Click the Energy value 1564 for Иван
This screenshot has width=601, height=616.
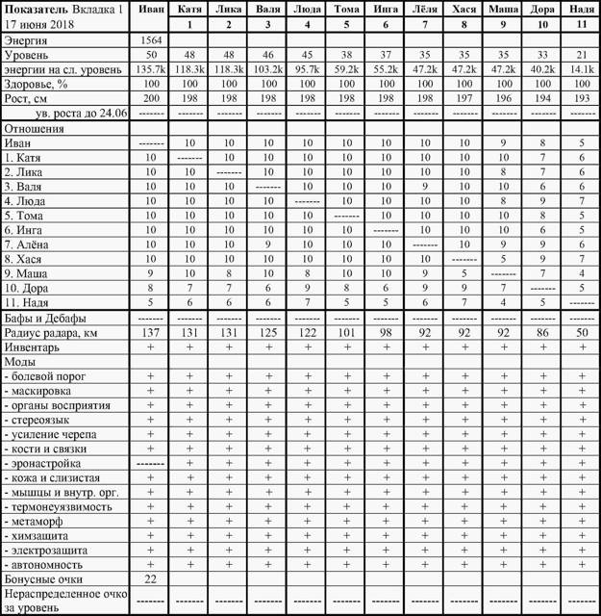(x=150, y=40)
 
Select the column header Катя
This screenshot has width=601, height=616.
(x=189, y=9)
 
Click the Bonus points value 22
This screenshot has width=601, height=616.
(x=150, y=579)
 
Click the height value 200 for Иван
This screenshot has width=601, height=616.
(x=150, y=98)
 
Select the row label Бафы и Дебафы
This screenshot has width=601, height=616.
(x=45, y=317)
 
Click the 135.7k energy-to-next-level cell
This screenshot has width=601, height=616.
(x=150, y=69)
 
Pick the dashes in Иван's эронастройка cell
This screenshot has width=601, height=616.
(x=150, y=463)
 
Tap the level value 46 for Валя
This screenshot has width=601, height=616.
(x=268, y=55)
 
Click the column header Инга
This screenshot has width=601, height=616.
(x=386, y=9)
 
